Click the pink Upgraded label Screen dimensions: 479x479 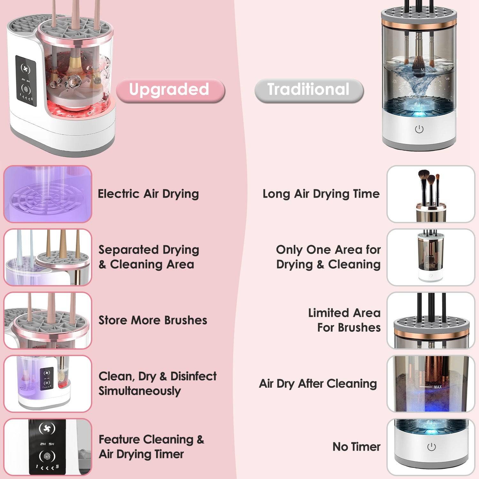coord(170,90)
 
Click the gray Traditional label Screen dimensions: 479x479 coord(308,90)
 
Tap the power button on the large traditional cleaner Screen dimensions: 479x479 coord(419,129)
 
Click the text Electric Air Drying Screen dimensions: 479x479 coord(148,194)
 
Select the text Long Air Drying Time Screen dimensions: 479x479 coord(321,194)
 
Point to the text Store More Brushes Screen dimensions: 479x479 coord(153,320)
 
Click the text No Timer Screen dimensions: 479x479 coord(356,447)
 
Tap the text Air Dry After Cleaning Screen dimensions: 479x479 coord(318,384)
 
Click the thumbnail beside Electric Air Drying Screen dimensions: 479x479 coord(48,194)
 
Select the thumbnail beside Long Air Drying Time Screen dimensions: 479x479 coord(430,194)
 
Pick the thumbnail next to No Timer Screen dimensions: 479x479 coord(430,447)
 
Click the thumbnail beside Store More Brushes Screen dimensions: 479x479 coord(48,320)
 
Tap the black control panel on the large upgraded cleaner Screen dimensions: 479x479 coord(26,82)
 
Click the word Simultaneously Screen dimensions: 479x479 coord(140,391)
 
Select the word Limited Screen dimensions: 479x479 coord(328,313)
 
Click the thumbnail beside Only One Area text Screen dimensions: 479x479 coord(430,257)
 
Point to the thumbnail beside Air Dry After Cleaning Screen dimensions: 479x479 coord(430,384)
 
